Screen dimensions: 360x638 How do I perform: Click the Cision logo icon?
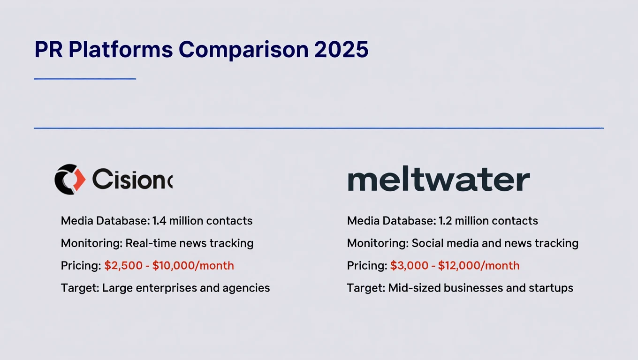pyautogui.click(x=70, y=179)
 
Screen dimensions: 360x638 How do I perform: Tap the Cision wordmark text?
pyautogui.click(x=132, y=179)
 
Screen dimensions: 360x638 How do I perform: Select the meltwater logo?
pyautogui.click(x=439, y=180)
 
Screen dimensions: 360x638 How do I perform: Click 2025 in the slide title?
pyautogui.click(x=342, y=50)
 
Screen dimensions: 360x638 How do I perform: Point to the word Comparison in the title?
pyautogui.click(x=245, y=50)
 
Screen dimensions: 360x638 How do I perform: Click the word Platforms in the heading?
pyautogui.click(x=121, y=50)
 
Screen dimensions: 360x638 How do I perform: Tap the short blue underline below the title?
pyautogui.click(x=85, y=79)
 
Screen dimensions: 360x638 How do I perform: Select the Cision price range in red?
pyautogui.click(x=169, y=266)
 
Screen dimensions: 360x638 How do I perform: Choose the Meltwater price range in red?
pyautogui.click(x=455, y=266)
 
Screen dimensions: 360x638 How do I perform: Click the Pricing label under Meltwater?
pyautogui.click(x=367, y=266)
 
